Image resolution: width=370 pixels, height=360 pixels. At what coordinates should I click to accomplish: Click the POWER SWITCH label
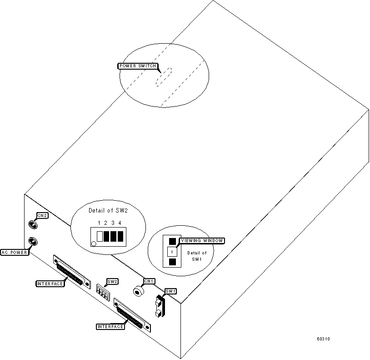138,66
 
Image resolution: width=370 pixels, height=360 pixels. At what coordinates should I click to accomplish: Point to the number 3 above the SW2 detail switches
112,223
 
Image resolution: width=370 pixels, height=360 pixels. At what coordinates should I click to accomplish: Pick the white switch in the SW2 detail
100,236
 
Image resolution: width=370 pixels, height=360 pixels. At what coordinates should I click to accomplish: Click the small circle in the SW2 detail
94,244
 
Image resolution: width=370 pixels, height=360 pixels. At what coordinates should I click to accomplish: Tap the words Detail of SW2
108,211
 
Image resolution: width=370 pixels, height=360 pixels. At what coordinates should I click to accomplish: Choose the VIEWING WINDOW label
202,241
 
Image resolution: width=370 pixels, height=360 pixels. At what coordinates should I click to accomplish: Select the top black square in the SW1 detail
172,241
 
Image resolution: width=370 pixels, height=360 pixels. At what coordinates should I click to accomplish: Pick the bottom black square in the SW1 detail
172,262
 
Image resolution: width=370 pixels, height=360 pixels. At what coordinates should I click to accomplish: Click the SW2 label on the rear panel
112,281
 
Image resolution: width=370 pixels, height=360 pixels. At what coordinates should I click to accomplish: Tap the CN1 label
149,281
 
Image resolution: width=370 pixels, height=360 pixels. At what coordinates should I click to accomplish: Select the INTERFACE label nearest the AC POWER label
49,284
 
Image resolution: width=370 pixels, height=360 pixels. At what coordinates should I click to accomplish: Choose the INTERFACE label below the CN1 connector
110,326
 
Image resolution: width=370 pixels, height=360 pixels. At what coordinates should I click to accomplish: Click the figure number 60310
324,339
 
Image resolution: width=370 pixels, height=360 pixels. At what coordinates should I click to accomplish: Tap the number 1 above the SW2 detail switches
99,223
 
